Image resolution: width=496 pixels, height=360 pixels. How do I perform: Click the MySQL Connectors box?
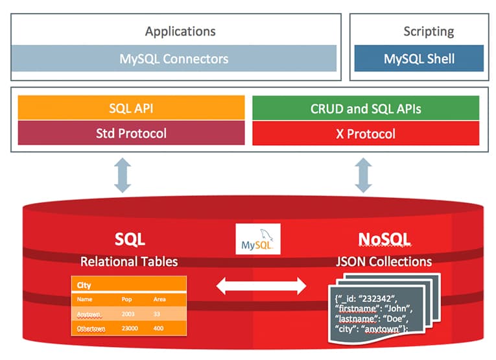click(174, 58)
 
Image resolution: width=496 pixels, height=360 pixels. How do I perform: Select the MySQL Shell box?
click(419, 58)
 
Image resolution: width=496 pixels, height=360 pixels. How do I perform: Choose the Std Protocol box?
click(131, 134)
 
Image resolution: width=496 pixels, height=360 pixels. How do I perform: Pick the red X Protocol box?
click(365, 134)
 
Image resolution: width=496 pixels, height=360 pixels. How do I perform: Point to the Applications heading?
click(180, 31)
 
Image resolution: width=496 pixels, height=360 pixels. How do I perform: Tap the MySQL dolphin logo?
click(258, 239)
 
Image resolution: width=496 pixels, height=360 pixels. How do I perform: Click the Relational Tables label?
click(129, 261)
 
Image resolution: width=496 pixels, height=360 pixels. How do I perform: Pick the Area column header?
click(159, 300)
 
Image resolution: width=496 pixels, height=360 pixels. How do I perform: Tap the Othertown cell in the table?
click(91, 329)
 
